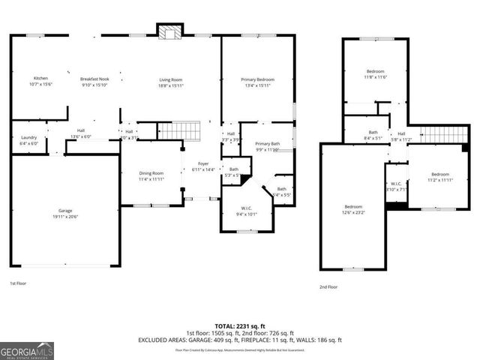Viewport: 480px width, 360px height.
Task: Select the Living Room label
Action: coord(171,80)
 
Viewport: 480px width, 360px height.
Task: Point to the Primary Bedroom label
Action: coord(257,80)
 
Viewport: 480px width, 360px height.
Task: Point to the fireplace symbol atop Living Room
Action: coord(169,31)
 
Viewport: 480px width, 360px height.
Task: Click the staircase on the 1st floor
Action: coord(181,131)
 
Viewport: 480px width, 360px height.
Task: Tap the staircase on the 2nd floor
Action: coord(436,134)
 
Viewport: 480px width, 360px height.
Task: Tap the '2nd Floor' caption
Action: coord(328,286)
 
